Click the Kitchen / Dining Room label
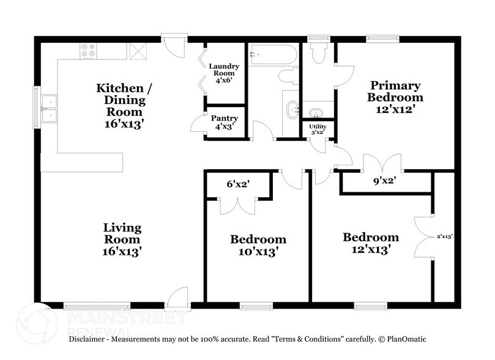click(x=121, y=105)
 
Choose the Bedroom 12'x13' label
click(x=370, y=242)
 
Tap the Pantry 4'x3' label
click(x=224, y=122)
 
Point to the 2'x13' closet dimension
click(x=444, y=236)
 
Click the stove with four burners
click(x=87, y=51)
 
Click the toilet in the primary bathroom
click(x=318, y=54)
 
